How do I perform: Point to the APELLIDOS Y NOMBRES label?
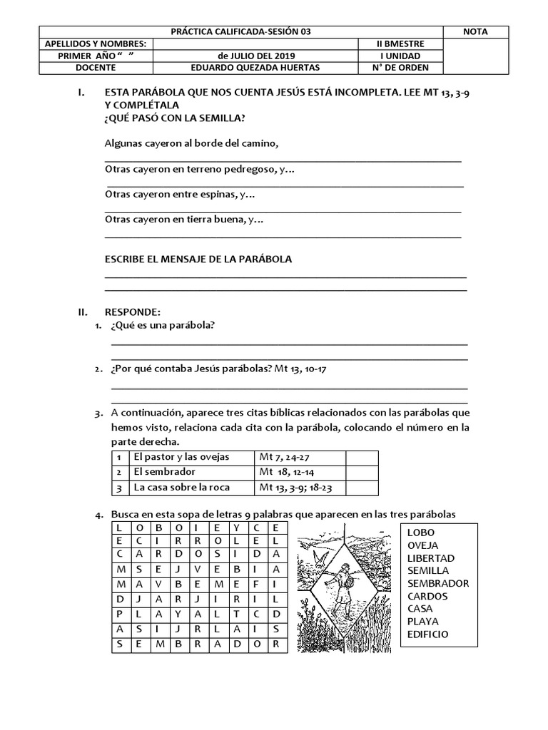click(x=95, y=43)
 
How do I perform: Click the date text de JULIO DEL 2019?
click(x=255, y=56)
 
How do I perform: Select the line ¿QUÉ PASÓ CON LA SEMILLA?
click(x=177, y=118)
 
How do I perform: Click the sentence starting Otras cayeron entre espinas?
click(x=180, y=193)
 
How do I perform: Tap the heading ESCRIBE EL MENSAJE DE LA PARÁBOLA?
click(x=198, y=259)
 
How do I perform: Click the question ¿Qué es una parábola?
click(x=163, y=326)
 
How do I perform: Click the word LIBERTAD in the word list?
click(x=431, y=558)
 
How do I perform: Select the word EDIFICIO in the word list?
click(x=428, y=634)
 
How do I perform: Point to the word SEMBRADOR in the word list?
click(x=438, y=583)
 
